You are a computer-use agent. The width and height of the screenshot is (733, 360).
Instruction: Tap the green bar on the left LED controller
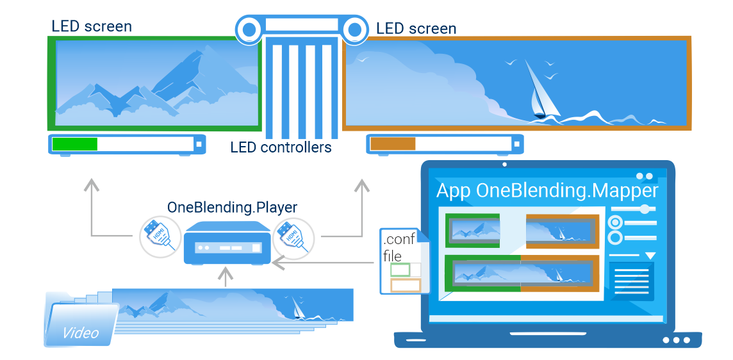coord(75,144)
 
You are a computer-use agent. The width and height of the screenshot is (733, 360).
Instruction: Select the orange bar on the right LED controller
coord(393,144)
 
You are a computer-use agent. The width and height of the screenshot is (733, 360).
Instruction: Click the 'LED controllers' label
coord(281,148)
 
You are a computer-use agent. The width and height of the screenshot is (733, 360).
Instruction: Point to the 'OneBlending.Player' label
coord(233,207)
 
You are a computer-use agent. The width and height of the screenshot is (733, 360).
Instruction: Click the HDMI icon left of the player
coord(160,237)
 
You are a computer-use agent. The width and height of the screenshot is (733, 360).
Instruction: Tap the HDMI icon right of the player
coord(293,237)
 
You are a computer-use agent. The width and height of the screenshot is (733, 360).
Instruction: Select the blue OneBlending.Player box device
coord(227,243)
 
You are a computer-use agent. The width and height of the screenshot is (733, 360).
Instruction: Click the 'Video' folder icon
coord(80,320)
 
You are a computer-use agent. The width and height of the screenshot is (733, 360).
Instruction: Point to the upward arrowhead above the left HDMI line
coord(92,184)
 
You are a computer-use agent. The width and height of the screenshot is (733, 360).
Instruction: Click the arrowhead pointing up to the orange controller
coord(362,184)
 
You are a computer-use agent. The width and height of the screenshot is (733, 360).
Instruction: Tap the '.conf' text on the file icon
coord(399,240)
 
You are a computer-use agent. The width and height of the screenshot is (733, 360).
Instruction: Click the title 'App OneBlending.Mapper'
coord(547,191)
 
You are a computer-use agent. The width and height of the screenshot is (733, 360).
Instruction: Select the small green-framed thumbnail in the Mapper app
coord(473,231)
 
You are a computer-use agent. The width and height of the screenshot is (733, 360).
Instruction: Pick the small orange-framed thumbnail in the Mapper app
coord(563,231)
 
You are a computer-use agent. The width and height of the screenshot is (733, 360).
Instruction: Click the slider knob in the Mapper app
coord(646,209)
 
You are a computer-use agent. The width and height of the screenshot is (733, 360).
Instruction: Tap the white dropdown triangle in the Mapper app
coord(650,256)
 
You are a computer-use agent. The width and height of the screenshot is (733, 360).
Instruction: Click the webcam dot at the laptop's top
coord(504,165)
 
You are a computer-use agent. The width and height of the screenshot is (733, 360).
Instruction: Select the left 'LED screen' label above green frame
coord(92,26)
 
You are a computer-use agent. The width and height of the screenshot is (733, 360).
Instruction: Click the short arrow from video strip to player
coord(226,277)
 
